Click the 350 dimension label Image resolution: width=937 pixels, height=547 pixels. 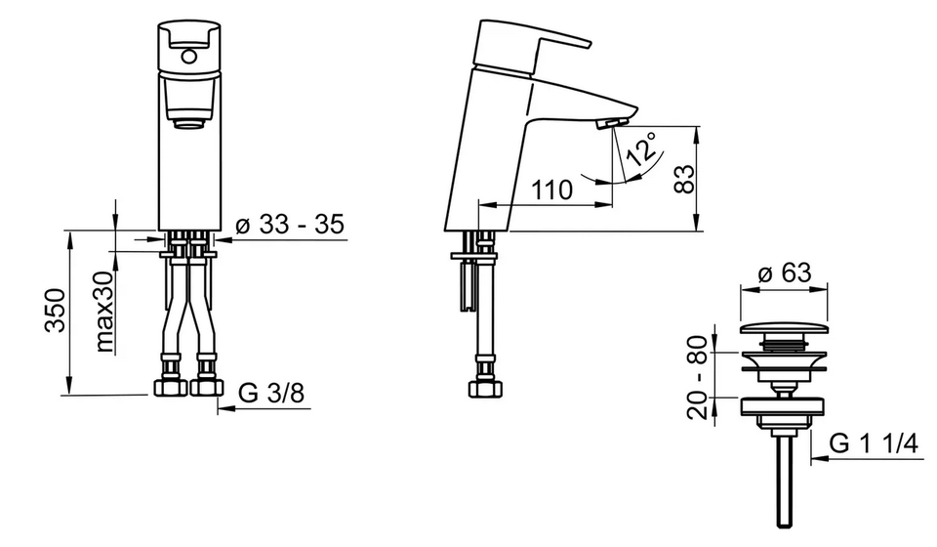pyautogui.click(x=56, y=310)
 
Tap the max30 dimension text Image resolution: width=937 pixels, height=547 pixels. pyautogui.click(x=104, y=311)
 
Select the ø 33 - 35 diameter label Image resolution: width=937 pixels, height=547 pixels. pyautogui.click(x=291, y=225)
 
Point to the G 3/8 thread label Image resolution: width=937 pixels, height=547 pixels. pyautogui.click(x=272, y=393)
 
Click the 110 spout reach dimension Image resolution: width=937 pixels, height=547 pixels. pyautogui.click(x=551, y=189)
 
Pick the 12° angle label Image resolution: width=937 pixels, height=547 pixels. pyautogui.click(x=640, y=148)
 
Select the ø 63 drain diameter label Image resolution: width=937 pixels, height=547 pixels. pyautogui.click(x=785, y=273)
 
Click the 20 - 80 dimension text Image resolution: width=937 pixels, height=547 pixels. pyautogui.click(x=697, y=377)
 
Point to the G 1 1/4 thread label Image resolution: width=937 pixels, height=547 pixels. pyautogui.click(x=874, y=444)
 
